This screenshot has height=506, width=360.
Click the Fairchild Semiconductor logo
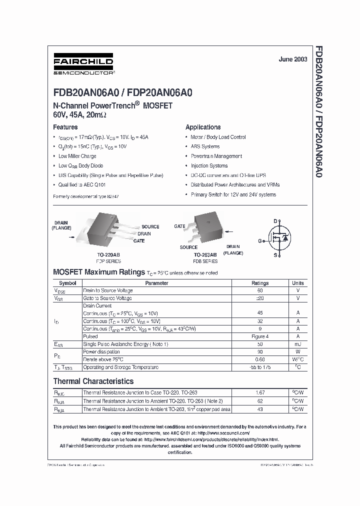[83, 65]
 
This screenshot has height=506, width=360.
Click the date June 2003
[291, 59]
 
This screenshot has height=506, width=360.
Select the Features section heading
[65, 127]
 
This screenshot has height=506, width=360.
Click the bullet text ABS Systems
[205, 146]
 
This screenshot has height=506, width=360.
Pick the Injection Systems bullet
[209, 165]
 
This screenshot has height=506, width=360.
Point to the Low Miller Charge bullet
[77, 156]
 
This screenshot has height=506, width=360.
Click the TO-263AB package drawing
[205, 230]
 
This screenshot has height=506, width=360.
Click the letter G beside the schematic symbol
[260, 241]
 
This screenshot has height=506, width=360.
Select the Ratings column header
[260, 283]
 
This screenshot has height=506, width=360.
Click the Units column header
[297, 283]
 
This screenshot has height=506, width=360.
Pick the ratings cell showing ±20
[260, 298]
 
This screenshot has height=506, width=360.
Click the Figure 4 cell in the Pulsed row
[260, 336]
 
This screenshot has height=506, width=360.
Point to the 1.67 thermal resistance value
[260, 392]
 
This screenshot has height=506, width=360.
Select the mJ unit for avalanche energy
[297, 344]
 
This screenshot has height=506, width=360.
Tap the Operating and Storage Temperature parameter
[120, 367]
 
